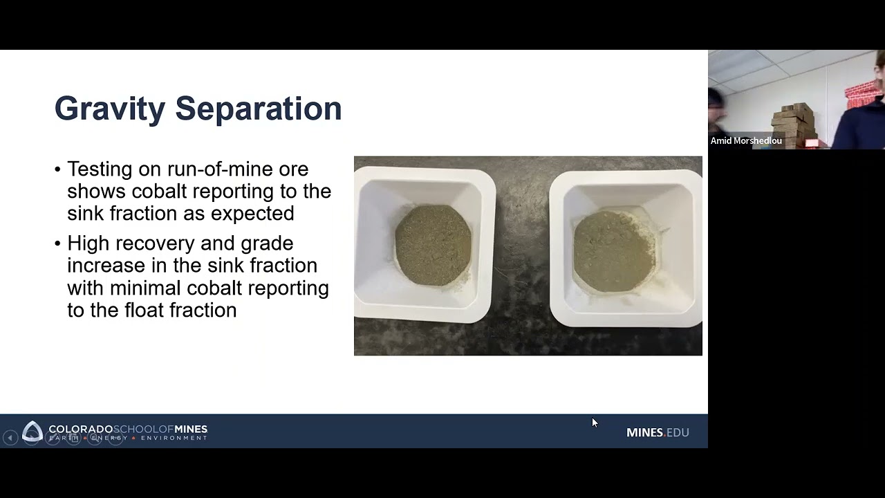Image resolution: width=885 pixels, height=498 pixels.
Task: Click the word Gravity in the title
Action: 109,109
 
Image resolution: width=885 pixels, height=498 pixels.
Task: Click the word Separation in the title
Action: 258,109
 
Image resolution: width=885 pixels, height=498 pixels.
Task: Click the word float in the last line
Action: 142,310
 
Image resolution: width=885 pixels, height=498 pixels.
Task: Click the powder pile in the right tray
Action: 614,250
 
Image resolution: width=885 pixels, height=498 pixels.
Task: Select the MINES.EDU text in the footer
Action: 658,432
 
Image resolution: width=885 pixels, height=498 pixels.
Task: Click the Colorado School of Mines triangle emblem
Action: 32,432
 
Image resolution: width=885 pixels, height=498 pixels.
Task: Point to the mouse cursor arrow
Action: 594,422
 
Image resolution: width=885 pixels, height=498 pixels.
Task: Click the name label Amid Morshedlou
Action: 746,141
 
